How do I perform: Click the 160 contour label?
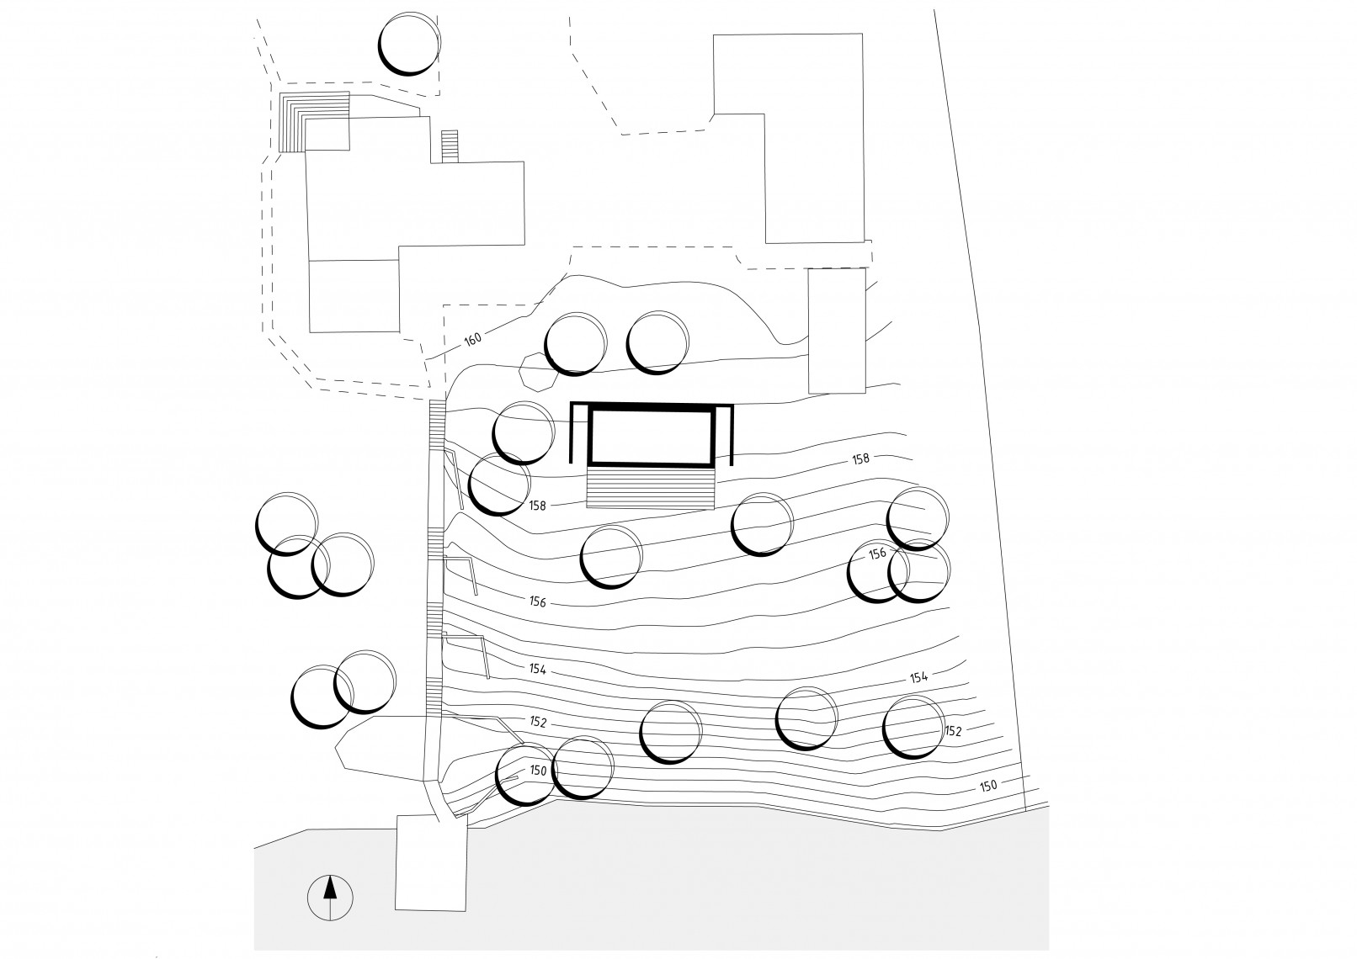click(x=472, y=339)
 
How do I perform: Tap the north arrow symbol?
click(x=331, y=898)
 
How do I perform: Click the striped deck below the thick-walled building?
click(x=651, y=489)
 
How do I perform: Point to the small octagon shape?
click(x=537, y=371)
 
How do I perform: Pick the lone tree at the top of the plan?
click(x=408, y=44)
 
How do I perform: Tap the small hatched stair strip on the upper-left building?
click(x=450, y=146)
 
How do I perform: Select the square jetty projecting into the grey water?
click(x=430, y=862)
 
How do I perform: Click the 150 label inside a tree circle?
click(x=539, y=770)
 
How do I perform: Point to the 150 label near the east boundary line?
click(x=988, y=786)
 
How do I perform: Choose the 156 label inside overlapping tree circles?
click(x=877, y=554)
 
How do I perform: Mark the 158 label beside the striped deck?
click(x=538, y=506)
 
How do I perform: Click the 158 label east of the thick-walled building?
click(x=860, y=459)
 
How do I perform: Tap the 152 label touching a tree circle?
click(x=953, y=731)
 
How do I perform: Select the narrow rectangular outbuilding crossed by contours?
click(x=836, y=331)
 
